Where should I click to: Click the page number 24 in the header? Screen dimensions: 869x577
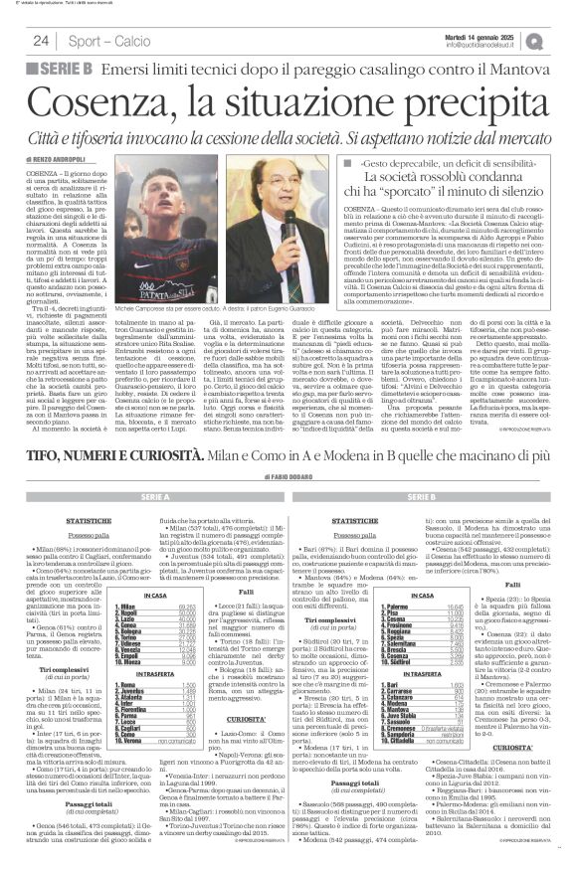pyautogui.click(x=41, y=41)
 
